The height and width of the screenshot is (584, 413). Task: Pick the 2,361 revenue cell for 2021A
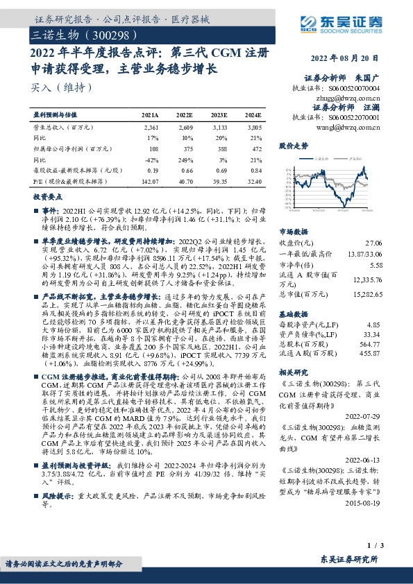pyautogui.click(x=151, y=128)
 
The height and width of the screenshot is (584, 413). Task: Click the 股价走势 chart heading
pyautogui.click(x=293, y=147)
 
